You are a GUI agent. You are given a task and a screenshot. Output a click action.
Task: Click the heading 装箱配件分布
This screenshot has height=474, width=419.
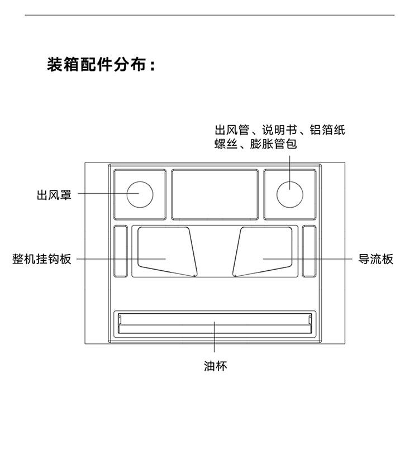click(x=101, y=65)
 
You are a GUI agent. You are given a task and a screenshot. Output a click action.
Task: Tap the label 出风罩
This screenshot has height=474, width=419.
click(x=54, y=195)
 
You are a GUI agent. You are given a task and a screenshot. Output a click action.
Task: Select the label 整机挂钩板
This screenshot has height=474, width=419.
click(x=42, y=259)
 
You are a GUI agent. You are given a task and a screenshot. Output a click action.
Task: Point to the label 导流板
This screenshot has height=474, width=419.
click(x=376, y=259)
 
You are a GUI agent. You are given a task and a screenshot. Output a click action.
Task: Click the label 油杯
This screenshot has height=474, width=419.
click(x=215, y=367)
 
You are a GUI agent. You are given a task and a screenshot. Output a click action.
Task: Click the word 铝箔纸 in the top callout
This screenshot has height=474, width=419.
click(x=327, y=130)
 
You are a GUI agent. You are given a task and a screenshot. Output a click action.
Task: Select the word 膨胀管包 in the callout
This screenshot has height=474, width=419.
click(x=274, y=144)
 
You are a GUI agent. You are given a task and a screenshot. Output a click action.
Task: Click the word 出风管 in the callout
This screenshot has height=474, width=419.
click(x=231, y=130)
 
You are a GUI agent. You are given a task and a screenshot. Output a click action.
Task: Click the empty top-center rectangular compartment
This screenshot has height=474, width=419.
click(x=215, y=194)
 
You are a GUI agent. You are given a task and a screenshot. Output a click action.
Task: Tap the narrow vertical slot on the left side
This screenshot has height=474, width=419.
click(x=121, y=251)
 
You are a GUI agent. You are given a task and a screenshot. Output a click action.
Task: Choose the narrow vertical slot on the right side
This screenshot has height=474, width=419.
click(x=310, y=251)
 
